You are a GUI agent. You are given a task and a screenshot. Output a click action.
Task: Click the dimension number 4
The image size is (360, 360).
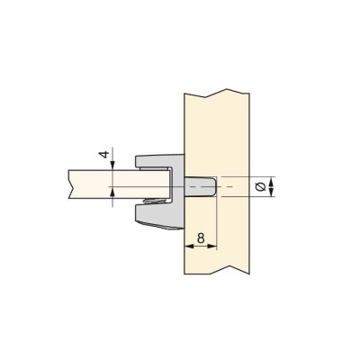tap(104, 155)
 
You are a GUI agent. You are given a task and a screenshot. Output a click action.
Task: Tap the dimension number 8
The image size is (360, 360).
tap(201, 238)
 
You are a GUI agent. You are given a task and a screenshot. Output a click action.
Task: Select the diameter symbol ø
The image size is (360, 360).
tap(261, 186)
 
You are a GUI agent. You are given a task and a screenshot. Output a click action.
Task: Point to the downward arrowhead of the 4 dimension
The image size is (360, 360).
tap(112, 166)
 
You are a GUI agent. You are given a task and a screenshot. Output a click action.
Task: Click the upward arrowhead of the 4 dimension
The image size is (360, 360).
tap(112, 191)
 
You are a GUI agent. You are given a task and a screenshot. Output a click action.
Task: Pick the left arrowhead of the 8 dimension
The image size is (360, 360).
tap(188, 247)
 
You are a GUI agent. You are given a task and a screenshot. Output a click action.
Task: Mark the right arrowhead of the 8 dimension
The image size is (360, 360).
tap(211, 247)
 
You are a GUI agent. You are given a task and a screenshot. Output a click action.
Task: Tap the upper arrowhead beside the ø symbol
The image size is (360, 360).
tap(271, 182)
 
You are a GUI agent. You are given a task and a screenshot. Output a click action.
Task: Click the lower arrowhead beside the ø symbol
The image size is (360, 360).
tap(271, 192)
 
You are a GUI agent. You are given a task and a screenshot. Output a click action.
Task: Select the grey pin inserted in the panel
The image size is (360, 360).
tap(200, 186)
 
